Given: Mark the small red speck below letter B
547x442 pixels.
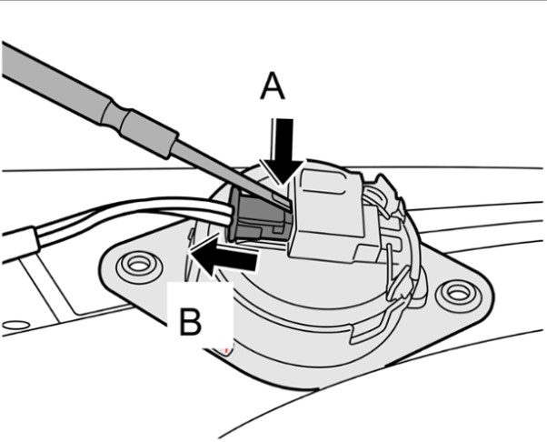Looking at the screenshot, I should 224,347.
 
